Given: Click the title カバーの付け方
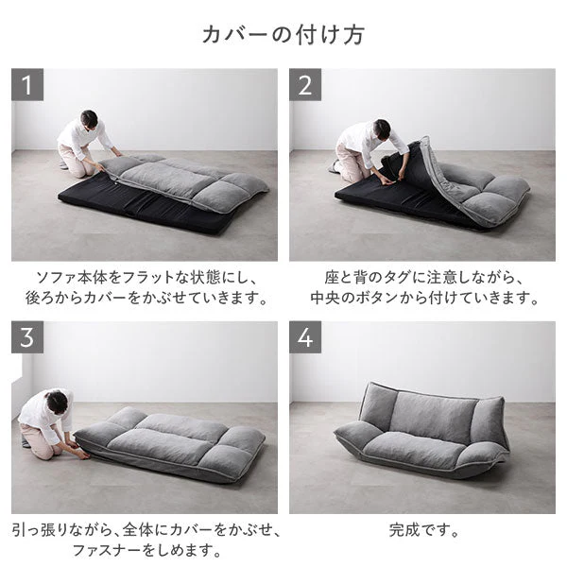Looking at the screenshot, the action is pyautogui.click(x=283, y=35).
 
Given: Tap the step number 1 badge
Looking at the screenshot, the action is pyautogui.click(x=27, y=85).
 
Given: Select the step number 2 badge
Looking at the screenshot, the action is pyautogui.click(x=305, y=85).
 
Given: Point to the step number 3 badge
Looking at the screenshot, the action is pyautogui.click(x=27, y=337).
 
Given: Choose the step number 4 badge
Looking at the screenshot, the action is pyautogui.click(x=305, y=337).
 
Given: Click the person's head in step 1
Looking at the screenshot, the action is pyautogui.click(x=90, y=118).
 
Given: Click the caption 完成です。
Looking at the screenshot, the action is pyautogui.click(x=423, y=530).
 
